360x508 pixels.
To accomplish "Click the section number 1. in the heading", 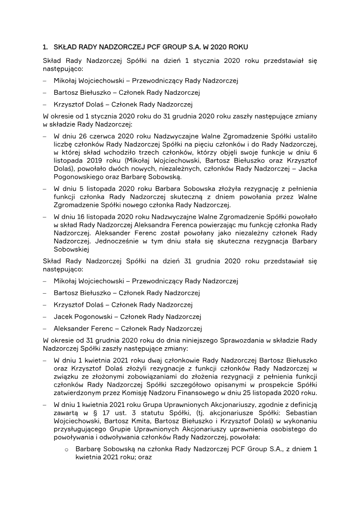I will click(45, 47).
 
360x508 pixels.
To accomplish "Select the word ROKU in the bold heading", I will click(237, 47).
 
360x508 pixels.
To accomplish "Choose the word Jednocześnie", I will click(102, 241).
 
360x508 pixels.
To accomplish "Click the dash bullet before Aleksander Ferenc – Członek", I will click(45, 328).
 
